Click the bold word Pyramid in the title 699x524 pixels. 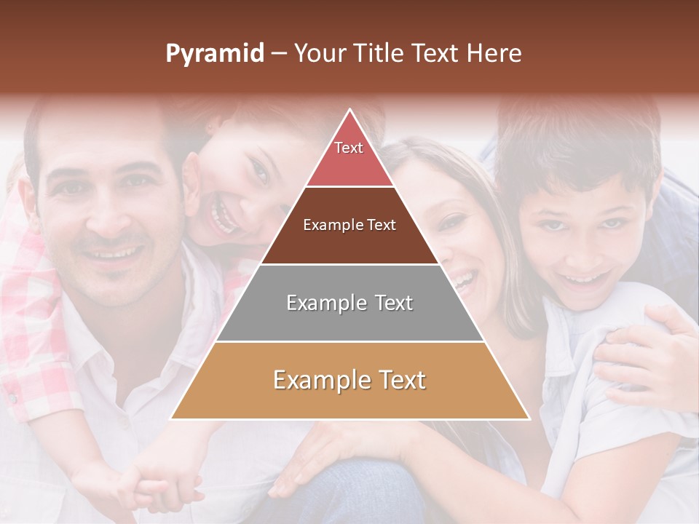pyautogui.click(x=215, y=53)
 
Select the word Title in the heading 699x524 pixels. pyautogui.click(x=378, y=53)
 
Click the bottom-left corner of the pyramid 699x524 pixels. pyautogui.click(x=171, y=418)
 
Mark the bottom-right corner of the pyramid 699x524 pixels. pyautogui.click(x=529, y=418)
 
